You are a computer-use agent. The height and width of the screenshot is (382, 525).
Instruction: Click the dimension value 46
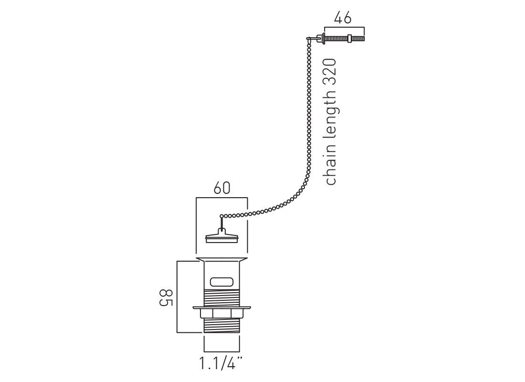point(343,18)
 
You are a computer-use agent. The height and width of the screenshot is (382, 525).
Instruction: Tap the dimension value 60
point(221,188)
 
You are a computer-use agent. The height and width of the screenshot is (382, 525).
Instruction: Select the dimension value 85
point(166,297)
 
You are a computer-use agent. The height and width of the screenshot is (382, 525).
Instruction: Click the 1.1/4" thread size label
point(221,363)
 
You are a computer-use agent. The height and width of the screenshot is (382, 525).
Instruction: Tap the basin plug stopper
point(221,235)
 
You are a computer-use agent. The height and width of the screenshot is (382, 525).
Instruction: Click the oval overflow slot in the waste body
point(221,282)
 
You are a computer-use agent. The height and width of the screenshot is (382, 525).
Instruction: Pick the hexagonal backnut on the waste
point(221,314)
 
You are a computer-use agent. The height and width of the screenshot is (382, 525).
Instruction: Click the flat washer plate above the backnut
point(221,308)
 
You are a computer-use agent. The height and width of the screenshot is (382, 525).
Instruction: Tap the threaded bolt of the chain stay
point(344,38)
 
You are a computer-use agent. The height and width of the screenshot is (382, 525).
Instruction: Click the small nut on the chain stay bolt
point(349,38)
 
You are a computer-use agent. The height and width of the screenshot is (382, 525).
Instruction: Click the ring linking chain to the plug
point(221,216)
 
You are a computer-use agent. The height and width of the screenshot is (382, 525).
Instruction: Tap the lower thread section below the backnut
point(221,325)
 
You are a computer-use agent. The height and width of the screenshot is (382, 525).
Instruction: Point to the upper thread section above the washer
point(221,297)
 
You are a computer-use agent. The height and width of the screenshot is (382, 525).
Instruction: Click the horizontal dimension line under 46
point(344,27)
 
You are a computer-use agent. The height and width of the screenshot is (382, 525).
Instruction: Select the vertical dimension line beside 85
point(177,297)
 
